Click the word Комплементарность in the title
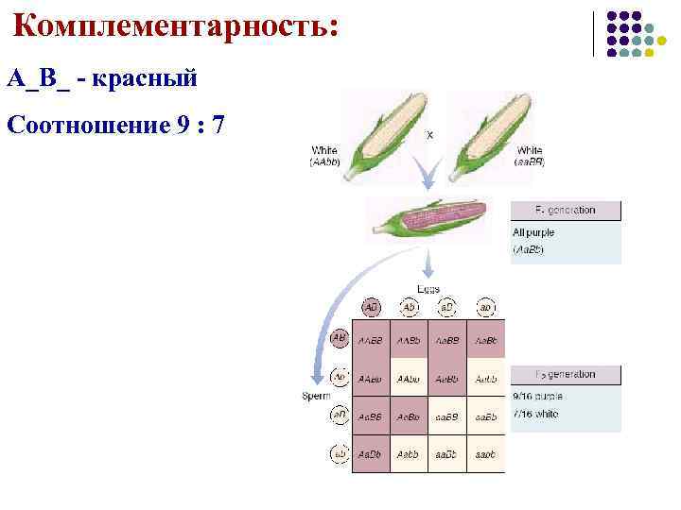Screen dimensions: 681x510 pyautogui.click(x=175, y=25)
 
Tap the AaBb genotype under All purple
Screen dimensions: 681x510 pyautogui.click(x=528, y=250)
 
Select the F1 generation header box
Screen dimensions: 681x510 pyautogui.click(x=566, y=211)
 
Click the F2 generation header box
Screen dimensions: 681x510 pyautogui.click(x=566, y=375)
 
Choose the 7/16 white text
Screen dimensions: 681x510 pyautogui.click(x=534, y=414)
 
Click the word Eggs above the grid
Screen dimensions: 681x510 pyautogui.click(x=428, y=289)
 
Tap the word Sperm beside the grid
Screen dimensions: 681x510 pyautogui.click(x=316, y=396)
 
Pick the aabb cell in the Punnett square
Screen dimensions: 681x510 pyautogui.click(x=485, y=454)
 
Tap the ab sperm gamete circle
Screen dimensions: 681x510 pyautogui.click(x=338, y=453)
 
